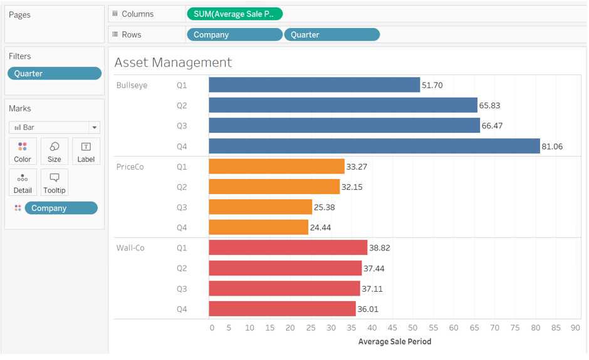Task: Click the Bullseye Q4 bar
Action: click(x=374, y=146)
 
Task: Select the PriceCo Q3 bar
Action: click(x=260, y=207)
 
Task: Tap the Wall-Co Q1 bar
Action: click(x=288, y=248)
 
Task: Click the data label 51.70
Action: click(x=432, y=85)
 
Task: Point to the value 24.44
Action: click(x=320, y=228)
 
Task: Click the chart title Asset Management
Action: click(x=173, y=63)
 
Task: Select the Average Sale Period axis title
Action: click(x=395, y=342)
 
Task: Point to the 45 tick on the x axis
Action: click(x=392, y=327)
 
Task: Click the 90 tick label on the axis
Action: click(x=575, y=327)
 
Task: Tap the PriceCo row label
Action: click(x=130, y=167)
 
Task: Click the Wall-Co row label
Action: click(x=130, y=248)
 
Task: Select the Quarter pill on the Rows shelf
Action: click(x=331, y=34)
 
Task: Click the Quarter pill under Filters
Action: click(x=55, y=73)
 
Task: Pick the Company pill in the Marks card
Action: click(x=61, y=208)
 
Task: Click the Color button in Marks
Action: click(x=23, y=152)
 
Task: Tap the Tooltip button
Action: click(x=55, y=182)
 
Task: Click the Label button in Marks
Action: click(x=86, y=152)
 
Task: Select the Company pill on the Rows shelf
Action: click(x=234, y=34)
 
